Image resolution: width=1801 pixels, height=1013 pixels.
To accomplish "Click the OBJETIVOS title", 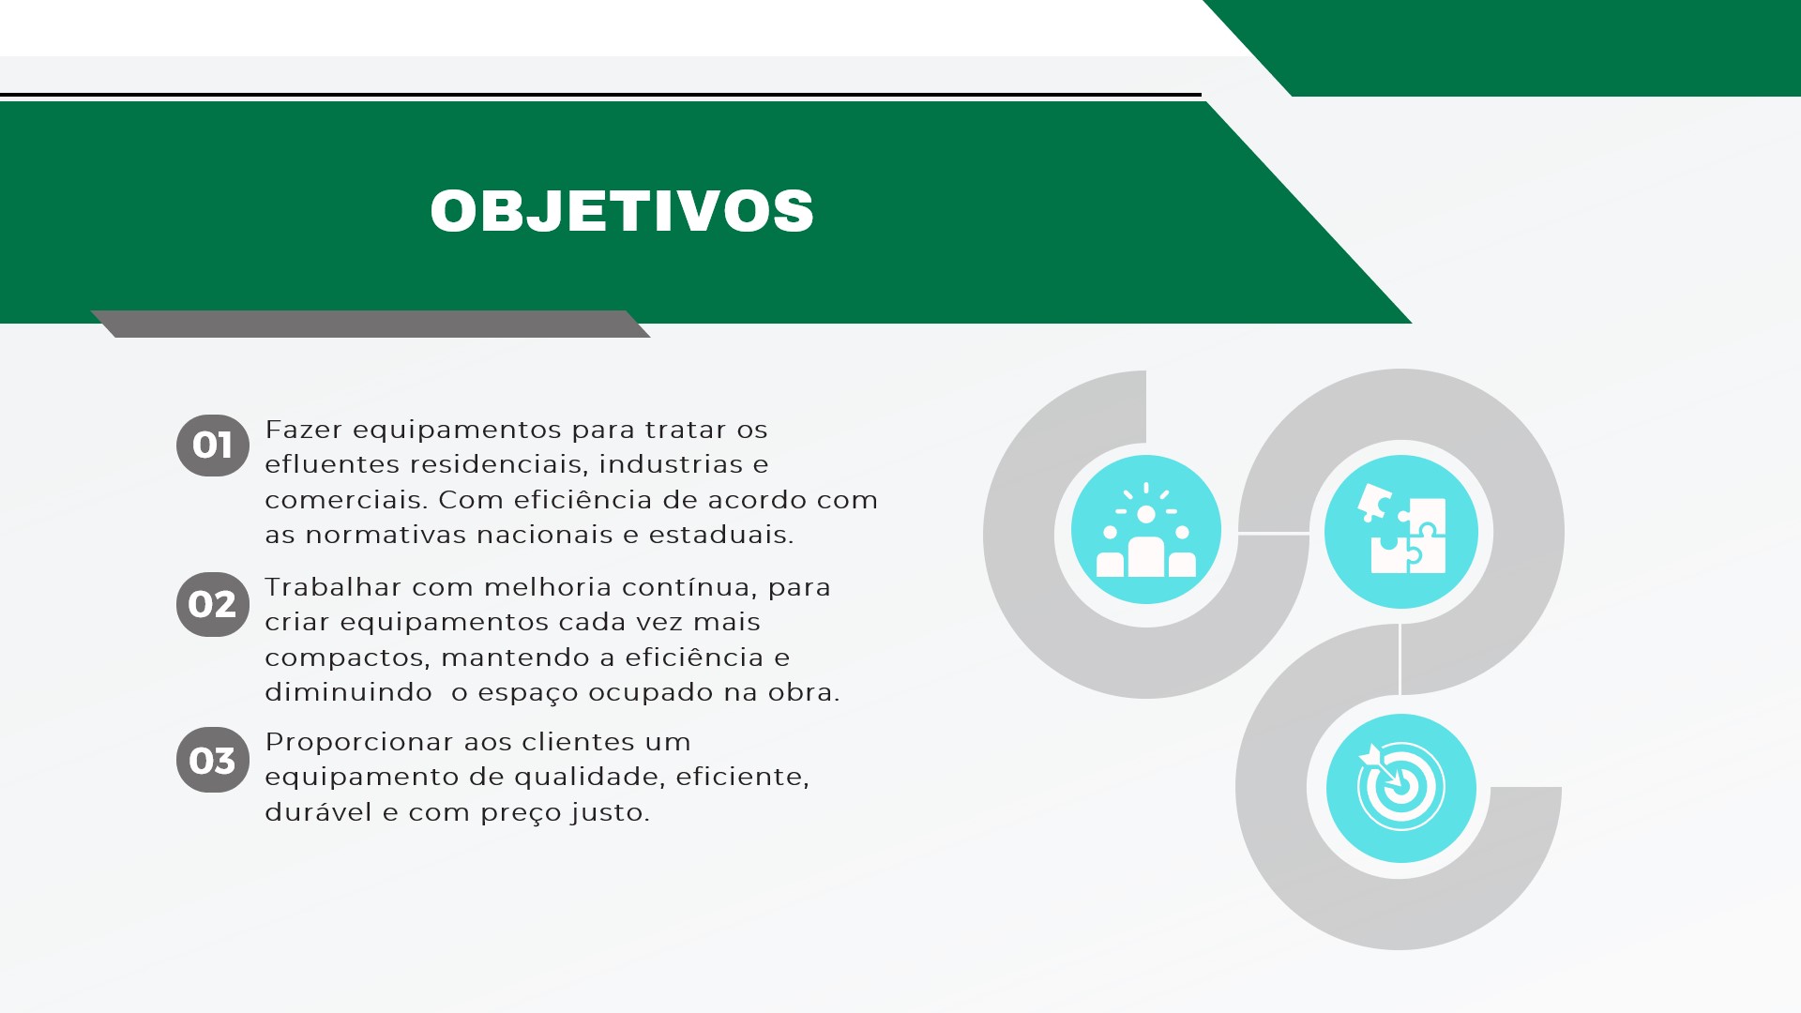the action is click(x=622, y=210).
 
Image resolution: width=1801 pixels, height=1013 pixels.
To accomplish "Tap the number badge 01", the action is click(x=213, y=446).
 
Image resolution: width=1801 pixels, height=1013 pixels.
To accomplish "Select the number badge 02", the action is click(x=213, y=604).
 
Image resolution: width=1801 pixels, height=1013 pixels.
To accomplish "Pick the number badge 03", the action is click(x=213, y=760).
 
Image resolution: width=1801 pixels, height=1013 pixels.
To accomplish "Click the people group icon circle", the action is click(x=1146, y=530).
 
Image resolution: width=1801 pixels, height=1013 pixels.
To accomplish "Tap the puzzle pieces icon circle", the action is click(x=1401, y=532).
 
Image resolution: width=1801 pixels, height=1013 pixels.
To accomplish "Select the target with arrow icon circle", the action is click(x=1401, y=788).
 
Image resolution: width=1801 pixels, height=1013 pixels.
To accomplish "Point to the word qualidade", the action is click(x=590, y=777).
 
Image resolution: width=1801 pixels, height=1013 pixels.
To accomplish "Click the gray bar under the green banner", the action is click(x=371, y=324).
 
